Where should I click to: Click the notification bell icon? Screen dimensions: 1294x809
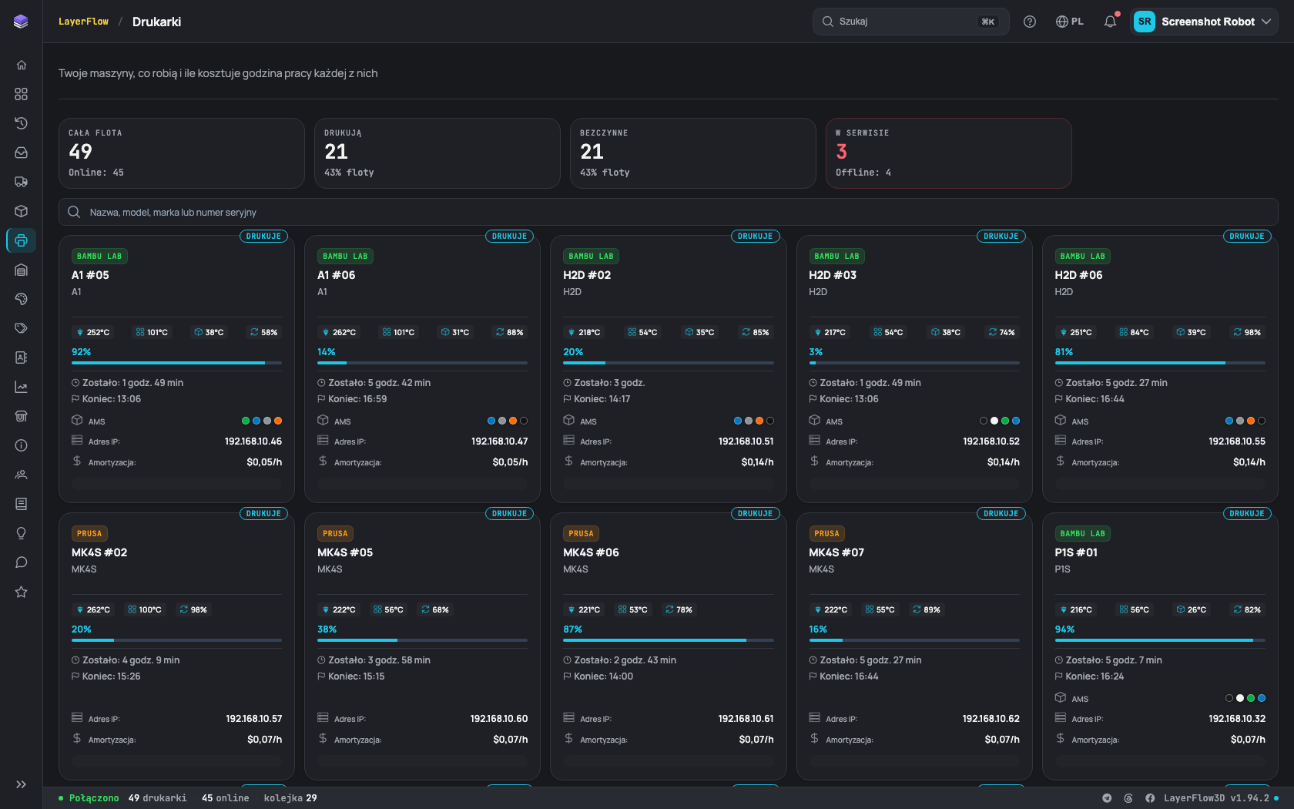[x=1110, y=22]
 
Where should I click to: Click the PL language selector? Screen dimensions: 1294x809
[x=1069, y=22]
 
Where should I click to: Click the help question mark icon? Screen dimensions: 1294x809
[x=1029, y=22]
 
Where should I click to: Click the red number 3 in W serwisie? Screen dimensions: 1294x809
[x=841, y=151]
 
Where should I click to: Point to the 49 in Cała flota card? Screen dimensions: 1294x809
[x=80, y=151]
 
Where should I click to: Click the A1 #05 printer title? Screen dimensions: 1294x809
[x=90, y=275]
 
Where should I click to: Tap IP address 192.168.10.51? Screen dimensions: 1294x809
[x=746, y=441]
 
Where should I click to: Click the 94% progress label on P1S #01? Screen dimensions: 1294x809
[x=1064, y=629]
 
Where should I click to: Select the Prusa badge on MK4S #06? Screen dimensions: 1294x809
[x=581, y=533]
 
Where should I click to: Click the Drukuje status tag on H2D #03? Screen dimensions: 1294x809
[x=1001, y=236]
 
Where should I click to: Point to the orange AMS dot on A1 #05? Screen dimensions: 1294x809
[x=278, y=421]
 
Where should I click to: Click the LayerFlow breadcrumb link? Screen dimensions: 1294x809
[x=84, y=22]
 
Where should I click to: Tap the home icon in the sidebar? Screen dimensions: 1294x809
[x=22, y=65]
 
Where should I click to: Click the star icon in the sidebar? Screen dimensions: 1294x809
[x=22, y=592]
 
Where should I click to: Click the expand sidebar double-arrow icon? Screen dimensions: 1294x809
[x=22, y=784]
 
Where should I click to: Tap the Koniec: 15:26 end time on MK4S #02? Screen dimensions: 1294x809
[x=111, y=676]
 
